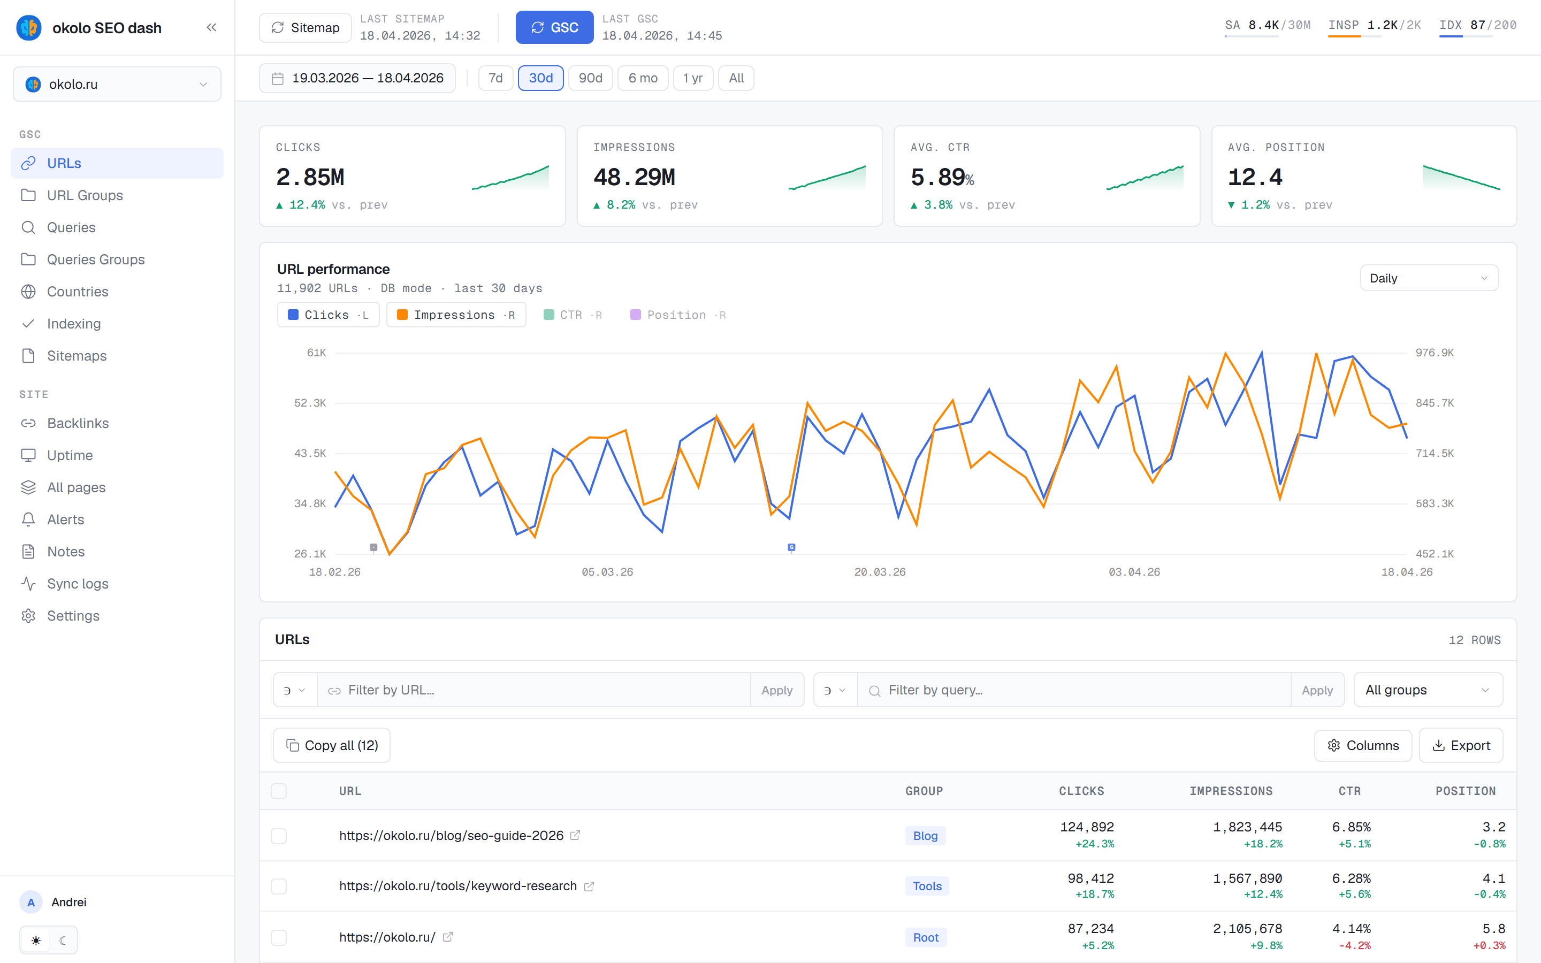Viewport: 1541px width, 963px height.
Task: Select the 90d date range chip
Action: pyautogui.click(x=590, y=78)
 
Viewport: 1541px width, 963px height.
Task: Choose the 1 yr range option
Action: pyautogui.click(x=693, y=78)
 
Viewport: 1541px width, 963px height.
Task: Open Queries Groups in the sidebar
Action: pyautogui.click(x=96, y=259)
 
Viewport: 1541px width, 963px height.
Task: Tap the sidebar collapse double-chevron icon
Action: pyautogui.click(x=211, y=27)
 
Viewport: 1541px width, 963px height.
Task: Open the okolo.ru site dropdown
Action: pyautogui.click(x=117, y=84)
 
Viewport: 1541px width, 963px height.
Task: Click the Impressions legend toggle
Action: pyautogui.click(x=456, y=315)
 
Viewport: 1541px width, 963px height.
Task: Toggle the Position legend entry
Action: pyautogui.click(x=677, y=315)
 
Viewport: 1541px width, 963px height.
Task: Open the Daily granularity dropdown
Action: pyautogui.click(x=1429, y=278)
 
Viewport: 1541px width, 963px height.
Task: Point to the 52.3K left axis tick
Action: pyautogui.click(x=310, y=403)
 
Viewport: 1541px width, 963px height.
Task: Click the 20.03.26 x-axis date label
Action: pyautogui.click(x=880, y=572)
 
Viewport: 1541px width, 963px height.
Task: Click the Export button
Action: pyautogui.click(x=1461, y=745)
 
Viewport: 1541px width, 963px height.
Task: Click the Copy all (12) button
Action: pyautogui.click(x=332, y=745)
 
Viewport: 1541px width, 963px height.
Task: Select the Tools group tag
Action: pyautogui.click(x=927, y=886)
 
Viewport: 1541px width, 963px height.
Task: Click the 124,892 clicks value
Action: pyautogui.click(x=1087, y=827)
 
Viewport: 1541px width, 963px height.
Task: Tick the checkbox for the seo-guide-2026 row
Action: pyautogui.click(x=279, y=836)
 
